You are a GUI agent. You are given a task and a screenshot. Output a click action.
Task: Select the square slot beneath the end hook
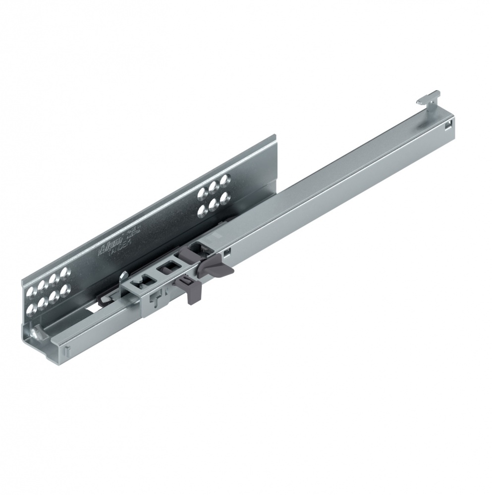tap(448, 126)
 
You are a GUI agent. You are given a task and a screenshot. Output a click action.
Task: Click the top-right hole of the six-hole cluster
tap(226, 179)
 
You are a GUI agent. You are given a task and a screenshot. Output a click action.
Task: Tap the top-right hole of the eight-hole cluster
tap(63, 272)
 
